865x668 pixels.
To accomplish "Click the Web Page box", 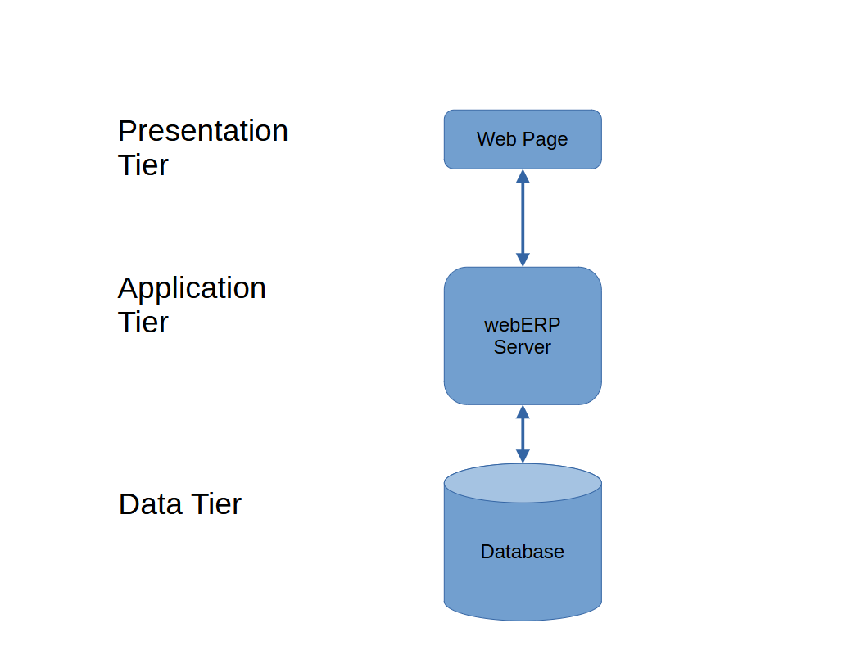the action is tap(523, 139).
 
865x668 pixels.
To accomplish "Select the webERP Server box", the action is tap(523, 336).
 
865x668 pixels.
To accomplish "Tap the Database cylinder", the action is tap(523, 542).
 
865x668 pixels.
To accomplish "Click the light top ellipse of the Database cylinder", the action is tap(523, 483).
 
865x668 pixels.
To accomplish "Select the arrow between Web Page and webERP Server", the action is tap(523, 219).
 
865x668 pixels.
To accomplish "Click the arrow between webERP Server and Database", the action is tap(523, 435).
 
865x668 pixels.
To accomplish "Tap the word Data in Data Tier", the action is tap(150, 503).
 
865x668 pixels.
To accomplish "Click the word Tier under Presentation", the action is tap(143, 165).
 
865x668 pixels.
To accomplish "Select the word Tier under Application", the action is tap(143, 322).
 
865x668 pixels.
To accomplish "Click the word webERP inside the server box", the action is tap(523, 325).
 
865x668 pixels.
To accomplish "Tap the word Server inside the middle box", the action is tap(523, 347).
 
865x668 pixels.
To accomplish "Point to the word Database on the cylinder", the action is tap(523, 552).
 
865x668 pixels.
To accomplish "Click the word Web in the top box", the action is tap(496, 139).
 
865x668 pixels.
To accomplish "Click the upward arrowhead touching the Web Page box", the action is tap(523, 176).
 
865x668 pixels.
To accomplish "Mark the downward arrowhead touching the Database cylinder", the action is tap(523, 456).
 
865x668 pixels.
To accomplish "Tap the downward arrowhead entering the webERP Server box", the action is tap(523, 260).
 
